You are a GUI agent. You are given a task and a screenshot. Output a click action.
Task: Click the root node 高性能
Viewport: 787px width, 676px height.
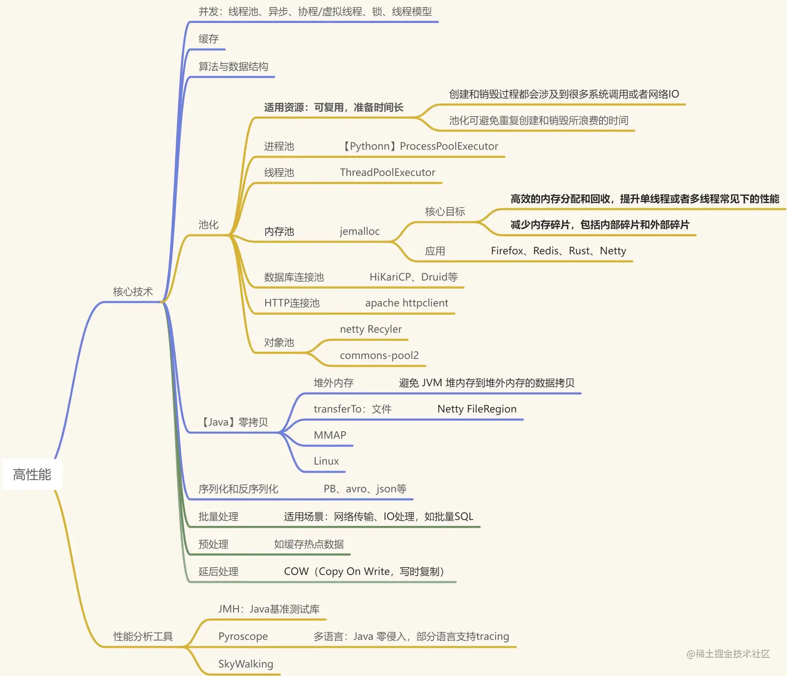[32, 474]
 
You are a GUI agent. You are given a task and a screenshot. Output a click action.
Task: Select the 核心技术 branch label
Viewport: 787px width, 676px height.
[133, 292]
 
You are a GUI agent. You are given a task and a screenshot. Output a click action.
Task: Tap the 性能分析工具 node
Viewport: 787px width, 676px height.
[143, 636]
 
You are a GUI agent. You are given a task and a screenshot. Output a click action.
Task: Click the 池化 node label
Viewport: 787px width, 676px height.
[208, 225]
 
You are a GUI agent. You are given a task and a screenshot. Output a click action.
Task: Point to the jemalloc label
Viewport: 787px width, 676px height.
[360, 231]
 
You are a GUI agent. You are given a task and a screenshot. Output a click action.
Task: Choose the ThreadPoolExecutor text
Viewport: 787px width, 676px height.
[387, 172]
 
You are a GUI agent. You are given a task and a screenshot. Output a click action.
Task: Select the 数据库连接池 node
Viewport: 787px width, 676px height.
[294, 277]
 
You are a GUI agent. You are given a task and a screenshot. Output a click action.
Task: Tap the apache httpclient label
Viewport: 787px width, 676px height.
[407, 303]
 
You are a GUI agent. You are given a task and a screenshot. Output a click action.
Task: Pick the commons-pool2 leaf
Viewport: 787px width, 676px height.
[379, 355]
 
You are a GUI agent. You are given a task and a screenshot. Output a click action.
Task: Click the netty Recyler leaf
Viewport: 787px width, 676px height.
[371, 329]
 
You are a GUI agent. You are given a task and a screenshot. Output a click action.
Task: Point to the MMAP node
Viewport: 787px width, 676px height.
[329, 435]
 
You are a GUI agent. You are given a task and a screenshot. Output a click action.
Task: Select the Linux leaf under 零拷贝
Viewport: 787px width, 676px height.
[326, 461]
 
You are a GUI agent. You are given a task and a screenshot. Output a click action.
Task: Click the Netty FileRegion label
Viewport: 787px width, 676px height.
[477, 409]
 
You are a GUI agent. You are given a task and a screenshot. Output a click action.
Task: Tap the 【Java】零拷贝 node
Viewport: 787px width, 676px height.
[234, 422]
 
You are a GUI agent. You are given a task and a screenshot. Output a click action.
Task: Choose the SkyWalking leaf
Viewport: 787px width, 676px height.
[245, 664]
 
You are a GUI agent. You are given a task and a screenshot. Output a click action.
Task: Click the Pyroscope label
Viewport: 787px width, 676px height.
[243, 636]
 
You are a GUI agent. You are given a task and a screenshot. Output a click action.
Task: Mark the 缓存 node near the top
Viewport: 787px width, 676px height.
[208, 39]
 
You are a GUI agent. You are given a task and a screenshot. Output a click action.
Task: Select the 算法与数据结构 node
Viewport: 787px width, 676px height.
[233, 67]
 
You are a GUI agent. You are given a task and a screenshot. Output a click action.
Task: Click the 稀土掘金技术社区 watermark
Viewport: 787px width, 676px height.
[728, 654]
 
